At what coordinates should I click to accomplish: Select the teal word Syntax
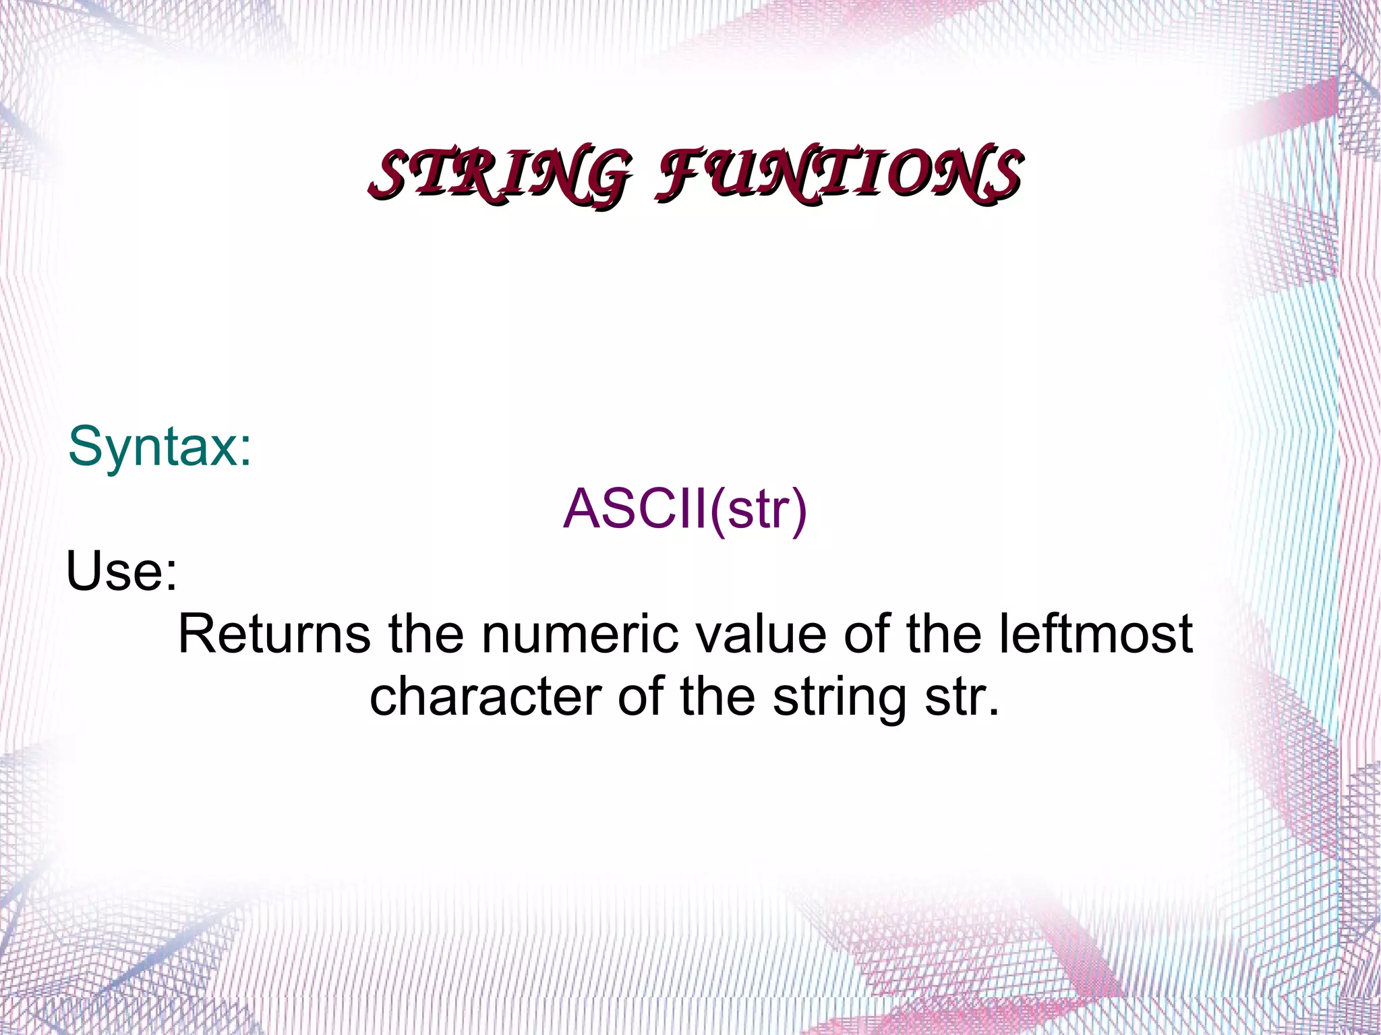click(x=151, y=447)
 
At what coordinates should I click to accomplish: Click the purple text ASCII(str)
click(x=684, y=509)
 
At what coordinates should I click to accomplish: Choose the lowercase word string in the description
click(x=839, y=699)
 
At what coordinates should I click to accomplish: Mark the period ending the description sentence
click(x=992, y=712)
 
